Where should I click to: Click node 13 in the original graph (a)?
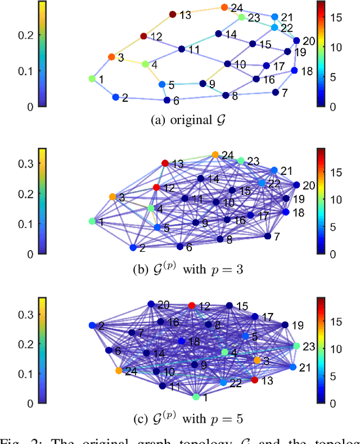pyautogui.click(x=173, y=15)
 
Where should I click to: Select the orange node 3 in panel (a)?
pyautogui.click(x=111, y=57)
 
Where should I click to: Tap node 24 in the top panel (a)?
pyautogui.click(x=224, y=7)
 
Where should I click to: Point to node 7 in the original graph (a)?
pyautogui.click(x=276, y=92)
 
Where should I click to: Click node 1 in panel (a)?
pyautogui.click(x=92, y=79)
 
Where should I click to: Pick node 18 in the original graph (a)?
pyautogui.click(x=294, y=71)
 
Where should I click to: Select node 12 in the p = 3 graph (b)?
pyautogui.click(x=156, y=187)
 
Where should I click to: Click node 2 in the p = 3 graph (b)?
pyautogui.click(x=133, y=247)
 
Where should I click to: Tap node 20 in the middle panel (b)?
pyautogui.click(x=296, y=184)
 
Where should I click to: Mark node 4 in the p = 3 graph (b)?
pyautogui.click(x=150, y=209)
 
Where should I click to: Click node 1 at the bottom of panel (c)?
pyautogui.click(x=196, y=397)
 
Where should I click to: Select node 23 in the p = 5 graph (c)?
pyautogui.click(x=296, y=346)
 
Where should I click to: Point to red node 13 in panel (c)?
pyautogui.click(x=254, y=380)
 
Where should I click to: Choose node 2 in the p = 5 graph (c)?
pyautogui.click(x=92, y=325)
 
